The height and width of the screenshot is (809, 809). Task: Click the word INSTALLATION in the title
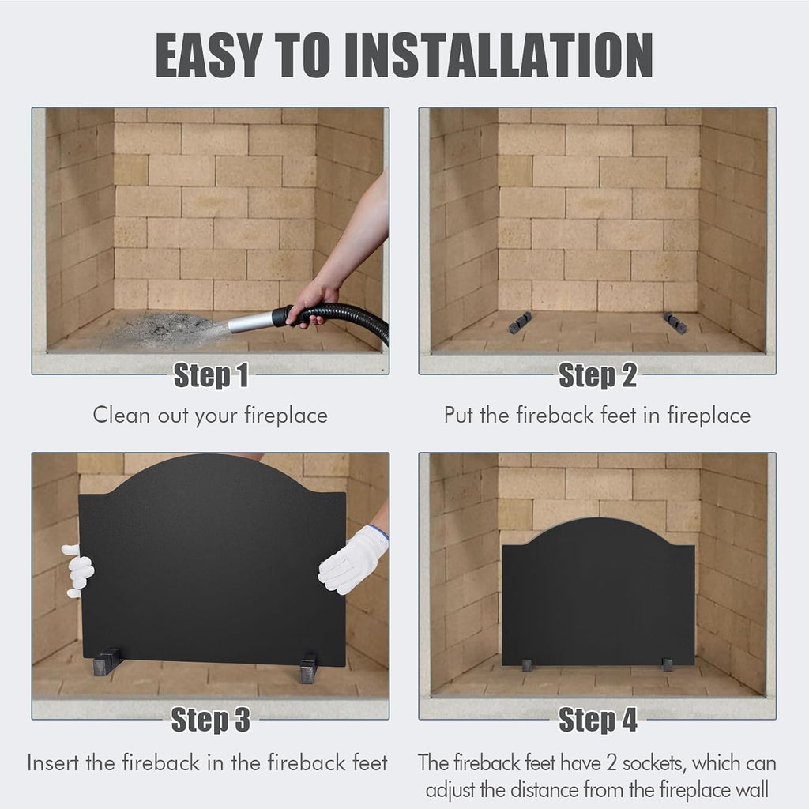[499, 55]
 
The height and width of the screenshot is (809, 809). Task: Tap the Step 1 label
[211, 375]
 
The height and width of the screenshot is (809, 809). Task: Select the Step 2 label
[597, 375]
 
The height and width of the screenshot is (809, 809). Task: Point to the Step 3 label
[210, 719]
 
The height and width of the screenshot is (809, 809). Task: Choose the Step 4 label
[597, 719]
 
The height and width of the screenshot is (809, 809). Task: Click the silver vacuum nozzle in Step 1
[250, 323]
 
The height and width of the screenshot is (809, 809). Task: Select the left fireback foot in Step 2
[520, 322]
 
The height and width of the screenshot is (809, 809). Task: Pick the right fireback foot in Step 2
[675, 322]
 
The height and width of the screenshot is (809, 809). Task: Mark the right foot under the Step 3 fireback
[308, 668]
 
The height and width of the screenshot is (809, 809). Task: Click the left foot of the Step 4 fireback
[527, 665]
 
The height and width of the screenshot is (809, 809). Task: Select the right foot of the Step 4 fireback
[668, 665]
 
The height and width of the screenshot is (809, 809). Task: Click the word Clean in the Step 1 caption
[121, 416]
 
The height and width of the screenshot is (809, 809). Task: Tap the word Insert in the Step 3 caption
[54, 763]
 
